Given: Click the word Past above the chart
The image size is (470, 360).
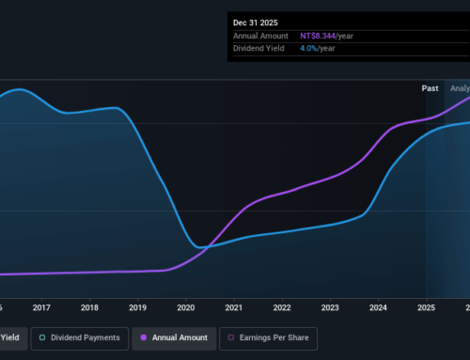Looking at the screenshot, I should coord(430,88).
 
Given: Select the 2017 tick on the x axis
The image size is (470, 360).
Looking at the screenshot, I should coord(41,306).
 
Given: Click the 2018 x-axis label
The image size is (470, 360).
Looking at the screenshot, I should coord(89,306).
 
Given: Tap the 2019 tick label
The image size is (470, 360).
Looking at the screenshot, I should coord(137,306).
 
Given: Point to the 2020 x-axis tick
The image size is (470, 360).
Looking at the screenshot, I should coord(185,306).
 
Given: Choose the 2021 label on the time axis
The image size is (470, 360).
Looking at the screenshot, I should coord(234,306).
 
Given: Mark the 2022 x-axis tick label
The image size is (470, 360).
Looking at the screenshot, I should coord(282,306).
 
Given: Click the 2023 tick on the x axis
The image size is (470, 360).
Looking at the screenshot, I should coord(330,306).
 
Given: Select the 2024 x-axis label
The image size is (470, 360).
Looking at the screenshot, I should coord(378,306).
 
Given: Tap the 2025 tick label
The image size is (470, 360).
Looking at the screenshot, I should coord(426,306).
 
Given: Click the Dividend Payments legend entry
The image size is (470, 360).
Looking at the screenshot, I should coord(80,337).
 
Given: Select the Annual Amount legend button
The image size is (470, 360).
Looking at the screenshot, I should coord(176,337).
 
